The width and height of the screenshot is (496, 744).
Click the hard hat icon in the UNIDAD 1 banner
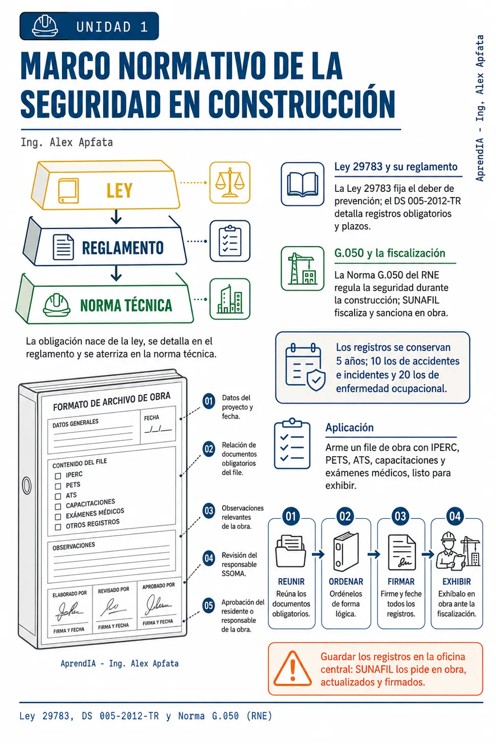point(45,26)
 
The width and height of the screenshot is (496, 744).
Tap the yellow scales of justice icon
point(230,183)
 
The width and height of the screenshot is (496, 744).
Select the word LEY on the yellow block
point(119,190)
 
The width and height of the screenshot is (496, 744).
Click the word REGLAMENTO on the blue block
point(123,248)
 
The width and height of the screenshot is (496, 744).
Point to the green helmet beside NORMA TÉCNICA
point(57,305)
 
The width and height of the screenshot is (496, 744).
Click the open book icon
point(303,184)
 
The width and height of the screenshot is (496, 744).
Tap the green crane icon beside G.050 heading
point(302,268)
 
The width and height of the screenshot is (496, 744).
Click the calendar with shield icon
point(305,368)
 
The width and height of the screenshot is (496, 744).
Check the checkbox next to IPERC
point(58,476)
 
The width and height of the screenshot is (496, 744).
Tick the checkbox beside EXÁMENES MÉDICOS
point(58,516)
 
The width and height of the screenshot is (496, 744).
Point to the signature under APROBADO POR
point(158,604)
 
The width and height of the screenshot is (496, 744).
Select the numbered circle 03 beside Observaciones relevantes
point(209,510)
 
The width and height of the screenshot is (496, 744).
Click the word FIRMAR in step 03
point(401,582)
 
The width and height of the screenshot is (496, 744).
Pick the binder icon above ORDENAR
point(346,552)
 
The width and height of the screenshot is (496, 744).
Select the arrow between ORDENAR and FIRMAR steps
point(374,554)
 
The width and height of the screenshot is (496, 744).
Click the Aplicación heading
point(350,427)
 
